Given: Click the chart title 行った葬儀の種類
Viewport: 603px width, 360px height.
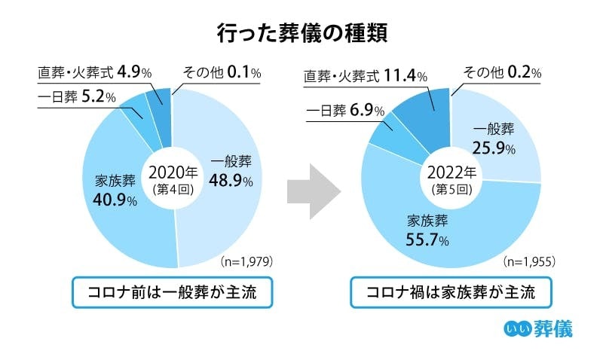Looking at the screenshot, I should pos(301,33).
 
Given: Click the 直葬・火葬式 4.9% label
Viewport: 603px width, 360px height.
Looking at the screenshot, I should pos(95,73).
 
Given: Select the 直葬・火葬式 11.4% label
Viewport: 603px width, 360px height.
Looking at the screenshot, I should pos(367,76).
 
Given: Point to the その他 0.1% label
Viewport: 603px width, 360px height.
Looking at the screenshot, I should pos(222,73).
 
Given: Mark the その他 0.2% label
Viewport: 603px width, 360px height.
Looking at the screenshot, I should pos(502,73).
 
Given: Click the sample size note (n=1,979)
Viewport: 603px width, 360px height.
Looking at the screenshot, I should pos(246,262).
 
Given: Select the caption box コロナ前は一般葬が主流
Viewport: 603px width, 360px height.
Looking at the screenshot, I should pos(172,292).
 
